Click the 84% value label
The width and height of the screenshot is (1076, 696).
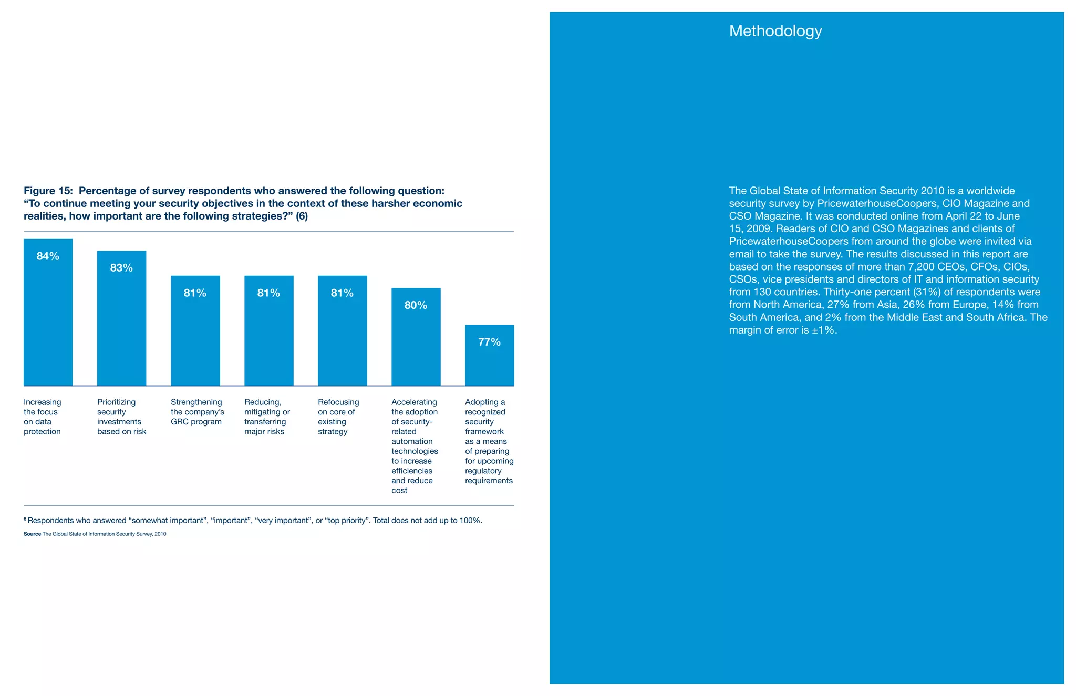point(48,256)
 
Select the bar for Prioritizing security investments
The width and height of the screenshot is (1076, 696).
point(121,326)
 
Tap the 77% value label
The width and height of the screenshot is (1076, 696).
point(489,342)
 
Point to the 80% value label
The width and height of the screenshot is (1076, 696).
point(416,306)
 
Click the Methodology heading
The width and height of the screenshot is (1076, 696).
point(775,31)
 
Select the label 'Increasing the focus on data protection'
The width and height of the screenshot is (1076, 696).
point(42,417)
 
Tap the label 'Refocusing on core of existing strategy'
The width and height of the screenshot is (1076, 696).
point(338,417)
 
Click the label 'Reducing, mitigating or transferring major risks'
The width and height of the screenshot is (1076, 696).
point(266,417)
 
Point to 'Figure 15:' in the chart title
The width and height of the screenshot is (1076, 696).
point(48,191)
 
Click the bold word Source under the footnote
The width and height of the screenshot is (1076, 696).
point(32,534)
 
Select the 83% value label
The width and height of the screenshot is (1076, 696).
point(121,268)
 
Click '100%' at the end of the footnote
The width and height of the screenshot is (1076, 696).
point(470,521)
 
